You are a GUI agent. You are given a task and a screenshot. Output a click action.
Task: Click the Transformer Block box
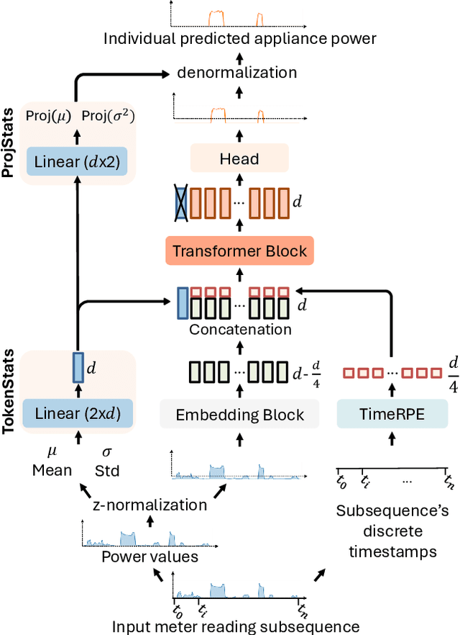240,251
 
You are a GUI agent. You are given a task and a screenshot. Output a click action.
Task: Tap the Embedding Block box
239,415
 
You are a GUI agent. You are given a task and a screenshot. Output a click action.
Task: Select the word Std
108,471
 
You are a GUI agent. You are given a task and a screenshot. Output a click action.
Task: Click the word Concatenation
240,330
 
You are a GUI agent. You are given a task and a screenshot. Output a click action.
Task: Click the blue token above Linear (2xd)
77,368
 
